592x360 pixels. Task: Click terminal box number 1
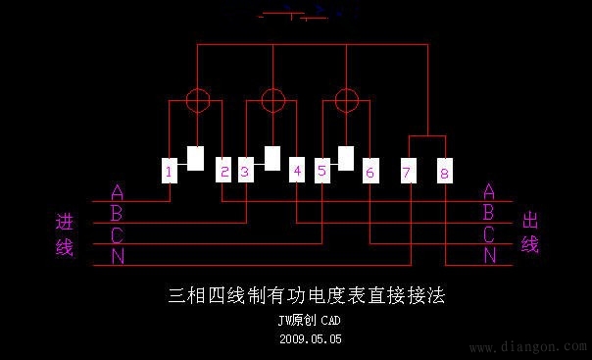pyautogui.click(x=170, y=171)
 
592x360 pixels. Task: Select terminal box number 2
pyautogui.click(x=224, y=171)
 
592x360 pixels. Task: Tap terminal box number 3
pyautogui.click(x=245, y=171)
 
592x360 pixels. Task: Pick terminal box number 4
pyautogui.click(x=298, y=171)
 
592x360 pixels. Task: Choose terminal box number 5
pyautogui.click(x=322, y=171)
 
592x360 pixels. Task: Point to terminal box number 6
pyautogui.click(x=370, y=171)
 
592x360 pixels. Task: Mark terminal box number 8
pyautogui.click(x=445, y=171)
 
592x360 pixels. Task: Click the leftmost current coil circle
pyautogui.click(x=199, y=100)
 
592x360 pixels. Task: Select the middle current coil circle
pyautogui.click(x=272, y=100)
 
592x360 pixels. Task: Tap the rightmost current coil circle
pyautogui.click(x=347, y=100)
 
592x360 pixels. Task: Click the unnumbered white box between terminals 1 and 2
pyautogui.click(x=196, y=159)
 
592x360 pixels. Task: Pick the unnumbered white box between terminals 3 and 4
pyautogui.click(x=272, y=159)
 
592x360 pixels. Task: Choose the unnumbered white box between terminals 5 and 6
pyautogui.click(x=346, y=159)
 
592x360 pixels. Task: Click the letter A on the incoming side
pyautogui.click(x=118, y=191)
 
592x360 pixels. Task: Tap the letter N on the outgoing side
pyautogui.click(x=489, y=256)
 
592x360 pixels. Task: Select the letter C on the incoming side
pyautogui.click(x=118, y=234)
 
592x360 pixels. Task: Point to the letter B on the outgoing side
pyautogui.click(x=489, y=212)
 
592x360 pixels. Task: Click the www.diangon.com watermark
pyautogui.click(x=529, y=347)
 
